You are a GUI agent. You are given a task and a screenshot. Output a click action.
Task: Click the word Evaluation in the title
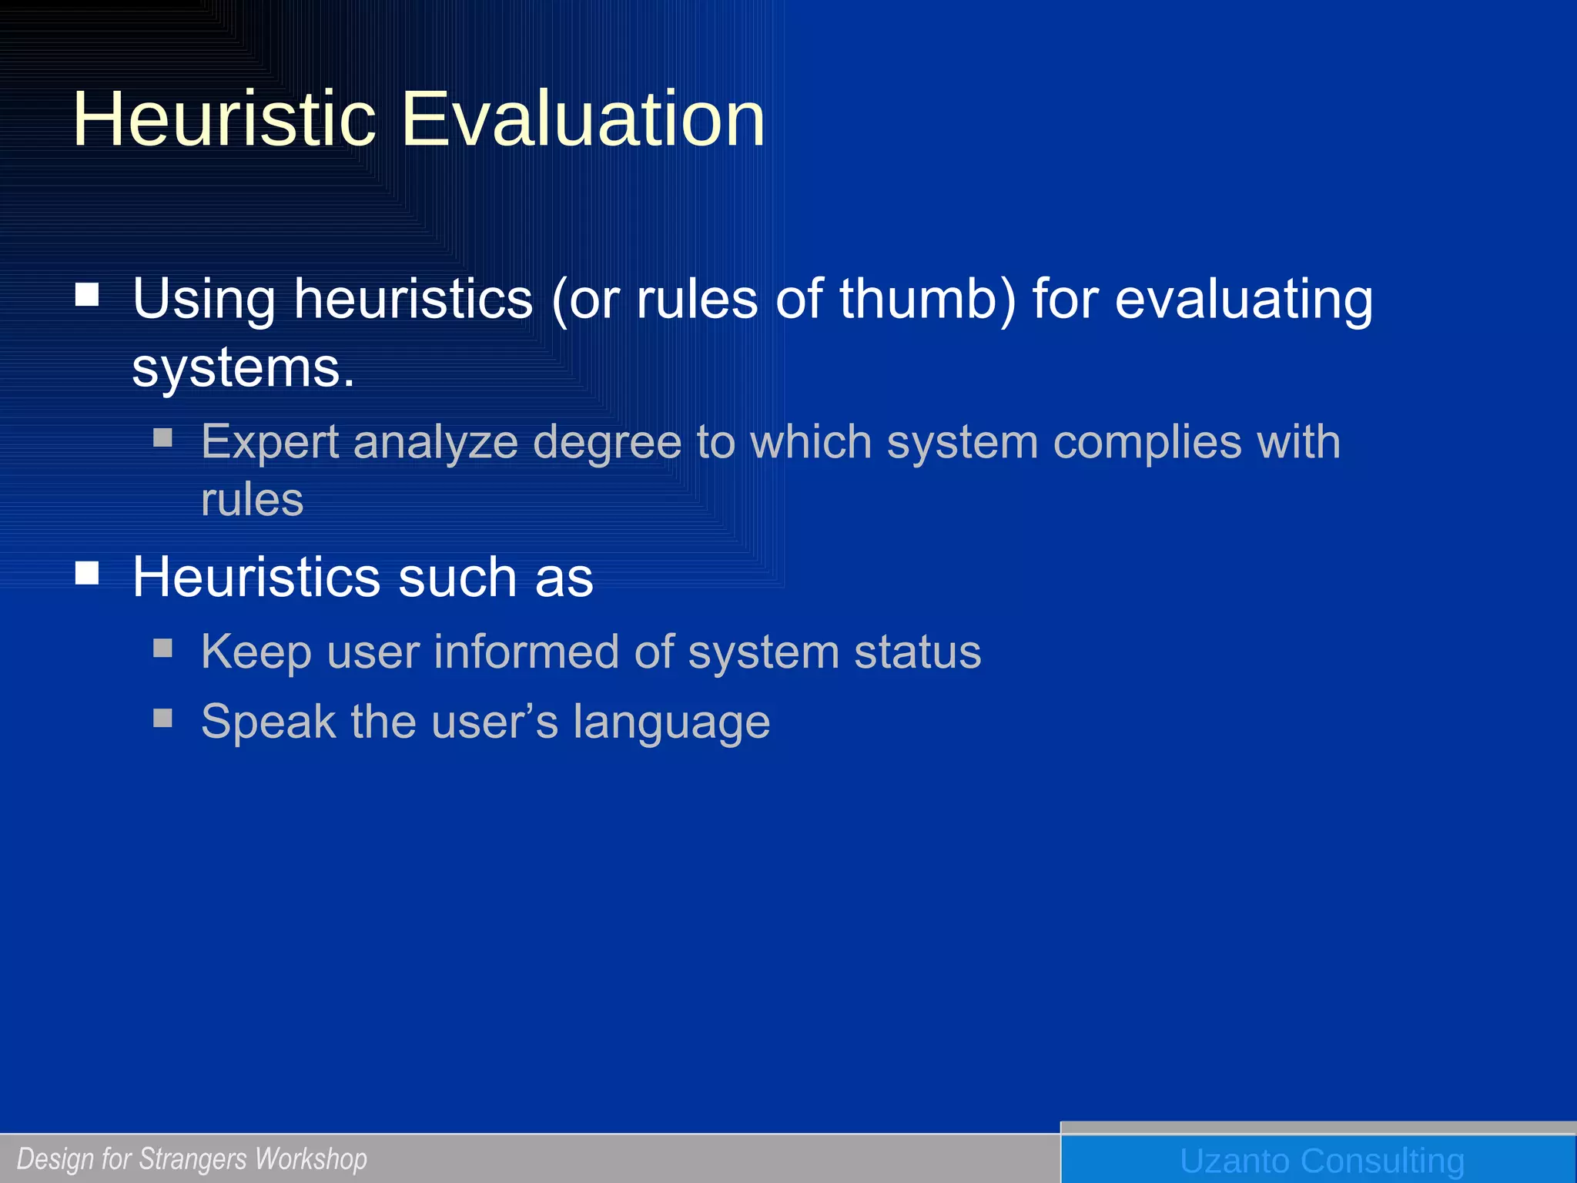(x=583, y=119)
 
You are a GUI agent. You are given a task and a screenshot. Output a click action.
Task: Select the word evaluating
(x=1244, y=300)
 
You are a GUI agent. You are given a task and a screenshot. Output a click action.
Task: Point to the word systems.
(x=243, y=369)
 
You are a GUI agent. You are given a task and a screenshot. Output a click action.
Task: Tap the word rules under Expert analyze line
(x=252, y=501)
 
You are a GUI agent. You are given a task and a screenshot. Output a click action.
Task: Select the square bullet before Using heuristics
(x=87, y=294)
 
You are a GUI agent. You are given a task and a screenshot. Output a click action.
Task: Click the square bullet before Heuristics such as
(x=87, y=573)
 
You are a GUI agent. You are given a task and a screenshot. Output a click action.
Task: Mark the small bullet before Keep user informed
(x=162, y=647)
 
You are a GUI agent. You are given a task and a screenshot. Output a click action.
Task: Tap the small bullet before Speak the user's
(x=162, y=718)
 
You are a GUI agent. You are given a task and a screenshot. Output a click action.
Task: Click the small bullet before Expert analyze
(x=162, y=437)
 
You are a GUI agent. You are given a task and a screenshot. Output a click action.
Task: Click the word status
(x=917, y=652)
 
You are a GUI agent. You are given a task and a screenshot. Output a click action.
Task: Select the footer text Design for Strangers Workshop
(x=192, y=1159)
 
